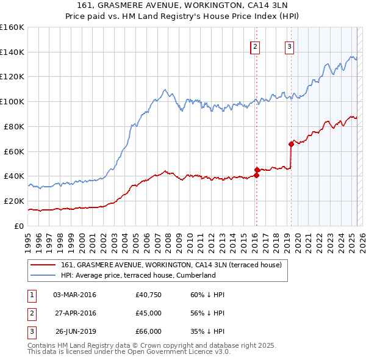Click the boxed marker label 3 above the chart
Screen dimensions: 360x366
[x=289, y=46]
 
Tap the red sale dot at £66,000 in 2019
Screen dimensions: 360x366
[x=291, y=144]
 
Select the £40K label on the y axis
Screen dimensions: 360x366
[x=14, y=176]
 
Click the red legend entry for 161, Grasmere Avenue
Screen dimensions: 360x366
[x=171, y=265]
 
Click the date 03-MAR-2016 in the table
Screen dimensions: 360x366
[x=74, y=295]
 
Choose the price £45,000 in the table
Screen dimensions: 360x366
[x=149, y=313]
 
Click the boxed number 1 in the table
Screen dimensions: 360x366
[x=32, y=295]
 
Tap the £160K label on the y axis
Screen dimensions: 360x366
[x=12, y=27]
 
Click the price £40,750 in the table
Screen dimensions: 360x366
[x=149, y=295]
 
